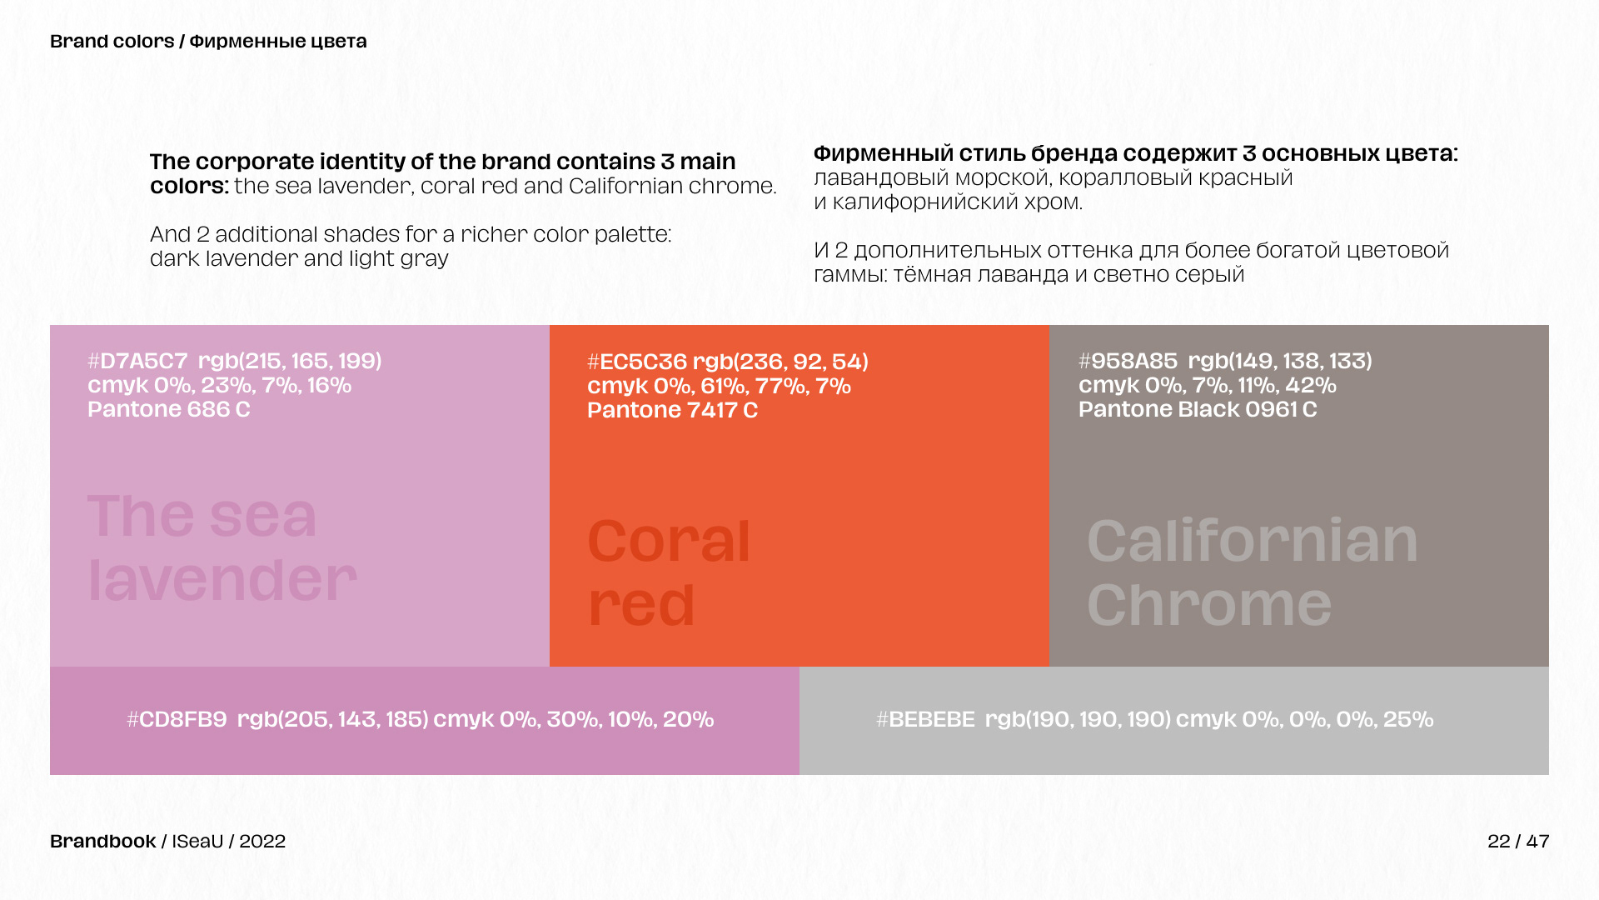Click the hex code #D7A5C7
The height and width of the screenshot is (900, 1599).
138,361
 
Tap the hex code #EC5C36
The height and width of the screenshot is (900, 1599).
637,362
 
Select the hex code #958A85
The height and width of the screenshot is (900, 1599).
1128,361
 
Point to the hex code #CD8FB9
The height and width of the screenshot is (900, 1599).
177,719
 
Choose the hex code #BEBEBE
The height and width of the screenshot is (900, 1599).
925,719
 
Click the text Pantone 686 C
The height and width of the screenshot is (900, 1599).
169,409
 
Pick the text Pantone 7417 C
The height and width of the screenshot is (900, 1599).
672,410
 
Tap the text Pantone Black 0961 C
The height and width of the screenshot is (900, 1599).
1198,409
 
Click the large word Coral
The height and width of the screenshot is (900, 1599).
669,542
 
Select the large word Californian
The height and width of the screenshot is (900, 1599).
1252,542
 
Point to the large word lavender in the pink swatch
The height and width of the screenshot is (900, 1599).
222,580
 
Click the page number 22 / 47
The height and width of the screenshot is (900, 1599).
1518,842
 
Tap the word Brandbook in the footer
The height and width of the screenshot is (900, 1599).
103,842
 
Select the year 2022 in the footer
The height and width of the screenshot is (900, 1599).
262,842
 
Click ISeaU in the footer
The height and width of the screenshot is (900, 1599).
197,842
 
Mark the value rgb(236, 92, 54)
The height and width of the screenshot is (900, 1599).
780,362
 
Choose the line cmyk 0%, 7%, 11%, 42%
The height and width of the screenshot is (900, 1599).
1207,385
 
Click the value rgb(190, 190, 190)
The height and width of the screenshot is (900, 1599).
1078,719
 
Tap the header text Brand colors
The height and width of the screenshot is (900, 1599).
112,42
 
